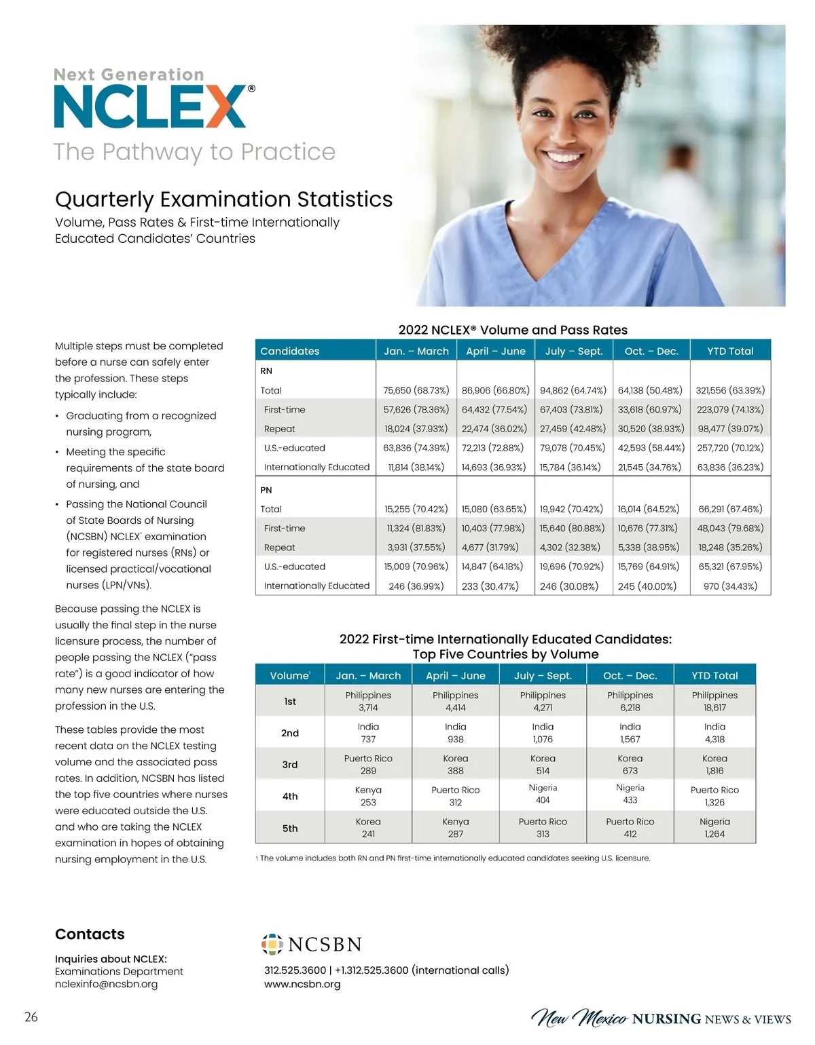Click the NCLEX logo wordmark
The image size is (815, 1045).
[150, 107]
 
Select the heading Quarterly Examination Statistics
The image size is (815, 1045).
[223, 199]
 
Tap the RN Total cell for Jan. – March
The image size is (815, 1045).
[416, 390]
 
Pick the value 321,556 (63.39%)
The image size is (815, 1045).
[730, 390]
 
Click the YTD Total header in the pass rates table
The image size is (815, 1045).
[730, 351]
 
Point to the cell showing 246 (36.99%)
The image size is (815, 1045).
[416, 586]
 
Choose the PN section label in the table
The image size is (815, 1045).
[266, 489]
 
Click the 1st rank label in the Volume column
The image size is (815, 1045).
[290, 701]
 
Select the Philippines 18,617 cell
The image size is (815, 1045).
[714, 701]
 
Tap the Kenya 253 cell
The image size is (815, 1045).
[368, 796]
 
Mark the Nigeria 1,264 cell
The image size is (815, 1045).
[714, 828]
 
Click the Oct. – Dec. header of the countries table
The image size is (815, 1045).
[630, 675]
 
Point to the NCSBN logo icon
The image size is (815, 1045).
[272, 944]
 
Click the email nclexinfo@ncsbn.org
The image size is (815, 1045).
[106, 984]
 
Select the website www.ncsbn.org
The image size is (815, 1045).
[302, 984]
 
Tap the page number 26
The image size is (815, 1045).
[31, 1016]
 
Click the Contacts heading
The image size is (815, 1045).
[90, 934]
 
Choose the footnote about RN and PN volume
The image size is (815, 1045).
[453, 858]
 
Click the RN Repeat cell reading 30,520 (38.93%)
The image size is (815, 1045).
[651, 429]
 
